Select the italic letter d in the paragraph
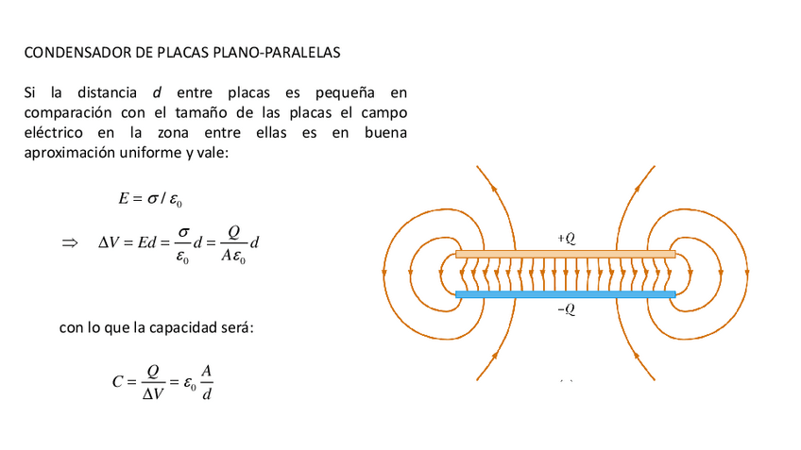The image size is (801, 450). click(x=156, y=92)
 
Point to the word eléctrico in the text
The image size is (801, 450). click(x=52, y=132)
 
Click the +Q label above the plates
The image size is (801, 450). click(x=566, y=240)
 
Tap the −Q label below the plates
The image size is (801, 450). click(x=566, y=309)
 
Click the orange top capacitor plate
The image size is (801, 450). click(x=565, y=254)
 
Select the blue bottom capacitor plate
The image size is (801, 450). click(x=565, y=294)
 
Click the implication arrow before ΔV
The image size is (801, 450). click(x=69, y=243)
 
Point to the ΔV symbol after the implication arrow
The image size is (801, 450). click(x=110, y=243)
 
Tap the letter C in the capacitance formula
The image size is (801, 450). click(x=117, y=382)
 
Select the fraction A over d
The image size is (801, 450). click(x=207, y=382)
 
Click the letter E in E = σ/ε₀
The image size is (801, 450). click(x=123, y=199)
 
